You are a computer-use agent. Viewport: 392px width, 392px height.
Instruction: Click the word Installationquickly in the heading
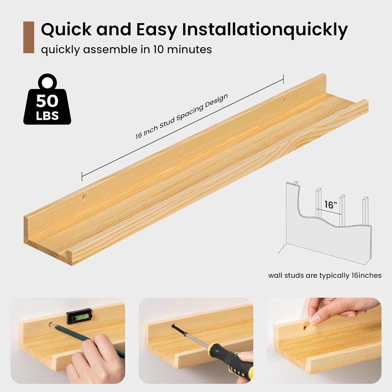265,30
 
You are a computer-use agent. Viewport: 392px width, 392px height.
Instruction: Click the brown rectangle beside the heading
29,37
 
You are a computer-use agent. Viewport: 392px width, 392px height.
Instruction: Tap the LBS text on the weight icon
47,116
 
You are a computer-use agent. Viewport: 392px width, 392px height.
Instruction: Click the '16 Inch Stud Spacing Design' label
182,116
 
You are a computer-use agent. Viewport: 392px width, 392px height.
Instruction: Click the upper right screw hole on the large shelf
285,100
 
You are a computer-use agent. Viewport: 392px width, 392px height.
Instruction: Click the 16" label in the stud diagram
331,204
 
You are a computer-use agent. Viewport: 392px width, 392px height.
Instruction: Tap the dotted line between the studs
329,212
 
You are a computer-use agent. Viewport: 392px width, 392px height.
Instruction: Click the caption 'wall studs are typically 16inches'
325,275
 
